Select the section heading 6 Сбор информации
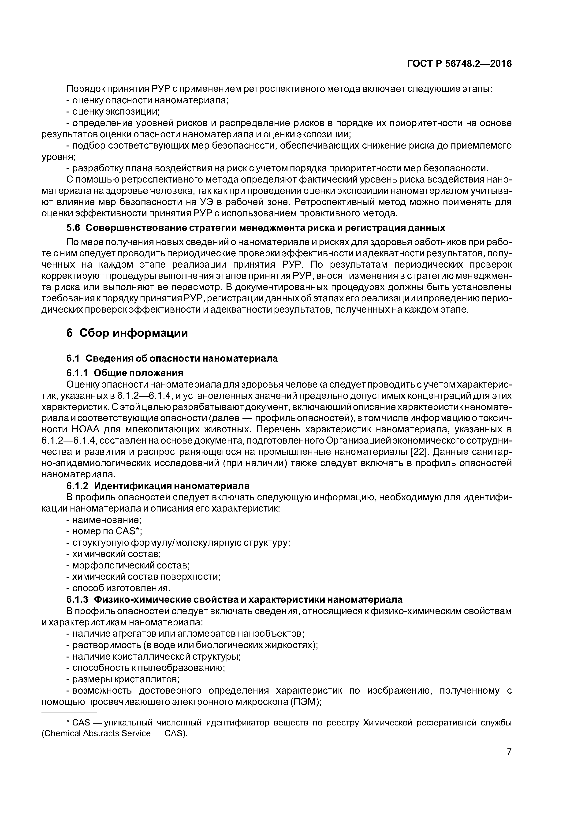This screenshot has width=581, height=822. point(127,333)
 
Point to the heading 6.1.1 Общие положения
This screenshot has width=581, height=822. point(125,373)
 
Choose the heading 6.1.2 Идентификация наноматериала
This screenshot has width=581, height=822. point(157,486)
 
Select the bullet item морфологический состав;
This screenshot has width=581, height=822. point(128,565)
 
